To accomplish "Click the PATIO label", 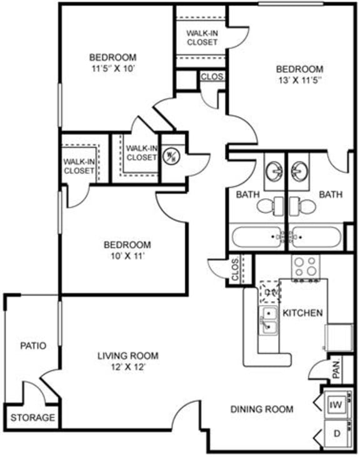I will click(x=32, y=345).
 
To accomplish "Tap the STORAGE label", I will click(x=32, y=418).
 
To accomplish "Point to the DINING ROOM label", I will click(x=262, y=409).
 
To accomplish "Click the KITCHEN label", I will click(x=302, y=313).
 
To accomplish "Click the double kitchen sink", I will click(x=269, y=320).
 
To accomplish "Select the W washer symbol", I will click(x=336, y=405).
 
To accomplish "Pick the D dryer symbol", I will click(x=336, y=433).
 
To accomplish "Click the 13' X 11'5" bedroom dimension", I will click(x=299, y=79).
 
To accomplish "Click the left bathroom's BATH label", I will click(x=247, y=194).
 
